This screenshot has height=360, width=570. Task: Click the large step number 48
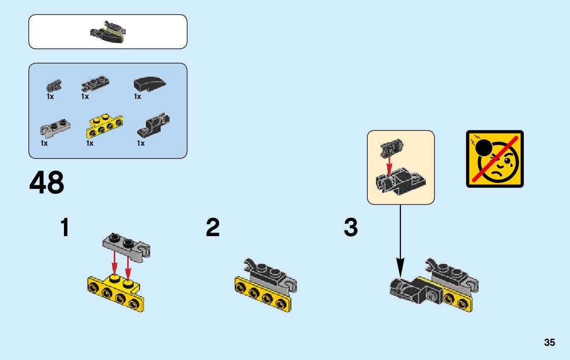tap(47, 183)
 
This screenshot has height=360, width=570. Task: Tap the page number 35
tap(549, 343)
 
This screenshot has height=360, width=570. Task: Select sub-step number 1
tap(64, 227)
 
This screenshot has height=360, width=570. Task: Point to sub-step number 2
tap(213, 227)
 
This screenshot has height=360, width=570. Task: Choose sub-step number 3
tap(351, 227)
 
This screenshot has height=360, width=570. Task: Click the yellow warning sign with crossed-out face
tap(494, 159)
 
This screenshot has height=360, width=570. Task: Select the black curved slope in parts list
tap(150, 84)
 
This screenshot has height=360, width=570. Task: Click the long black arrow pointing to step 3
tap(400, 239)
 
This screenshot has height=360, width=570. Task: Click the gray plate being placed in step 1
tap(127, 244)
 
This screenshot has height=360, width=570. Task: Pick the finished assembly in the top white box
tap(108, 31)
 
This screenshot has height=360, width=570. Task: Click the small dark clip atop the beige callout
tap(390, 148)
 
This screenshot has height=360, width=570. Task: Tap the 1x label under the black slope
tap(138, 96)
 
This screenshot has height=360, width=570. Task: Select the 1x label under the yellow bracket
tap(90, 143)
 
